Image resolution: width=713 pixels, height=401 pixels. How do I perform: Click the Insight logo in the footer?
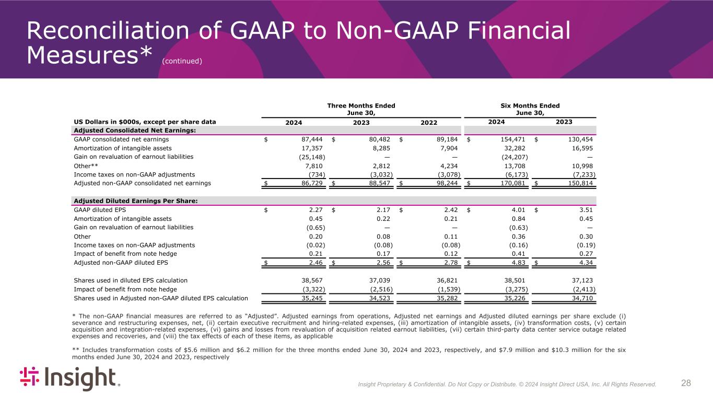[x=70, y=379]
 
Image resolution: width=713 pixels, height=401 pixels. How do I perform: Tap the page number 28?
[x=686, y=383]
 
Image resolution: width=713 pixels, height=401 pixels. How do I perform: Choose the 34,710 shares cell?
[x=584, y=298]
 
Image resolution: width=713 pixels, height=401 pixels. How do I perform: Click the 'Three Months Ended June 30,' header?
[x=361, y=109]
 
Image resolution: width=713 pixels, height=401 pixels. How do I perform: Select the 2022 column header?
[x=428, y=122]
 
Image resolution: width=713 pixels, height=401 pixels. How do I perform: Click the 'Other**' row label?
[x=86, y=166]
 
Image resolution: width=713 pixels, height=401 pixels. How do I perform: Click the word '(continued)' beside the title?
[x=182, y=61]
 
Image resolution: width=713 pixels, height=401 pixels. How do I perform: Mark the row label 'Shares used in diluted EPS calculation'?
[x=131, y=280]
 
